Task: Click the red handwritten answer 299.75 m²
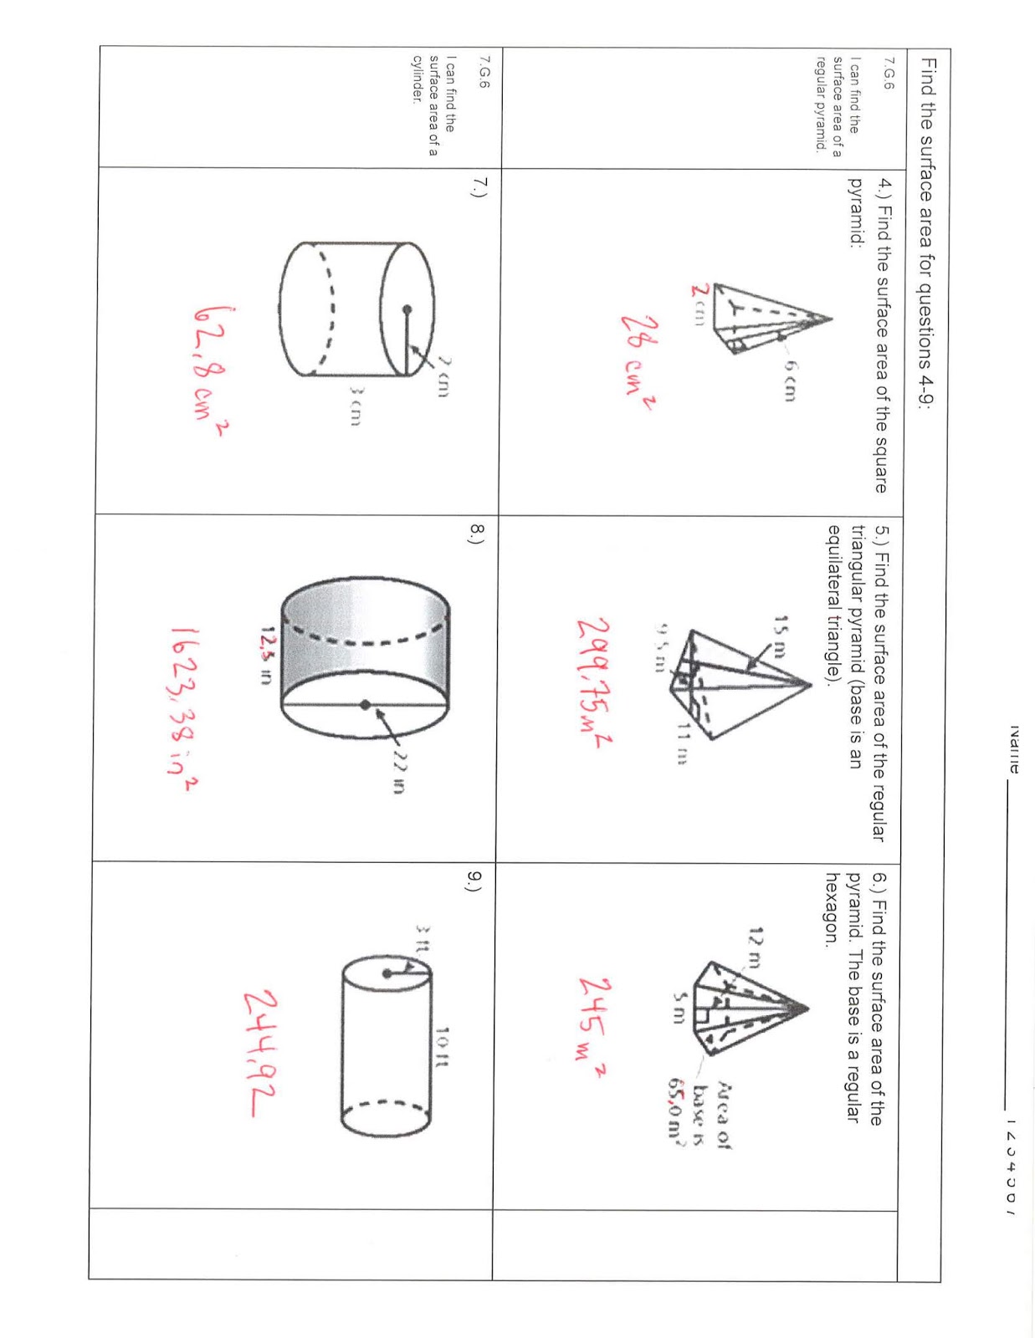pos(593,681)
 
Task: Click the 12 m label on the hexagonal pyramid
pos(756,947)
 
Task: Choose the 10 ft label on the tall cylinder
pos(442,1047)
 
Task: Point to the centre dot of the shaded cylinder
pos(366,705)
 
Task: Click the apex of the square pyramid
pos(831,319)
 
